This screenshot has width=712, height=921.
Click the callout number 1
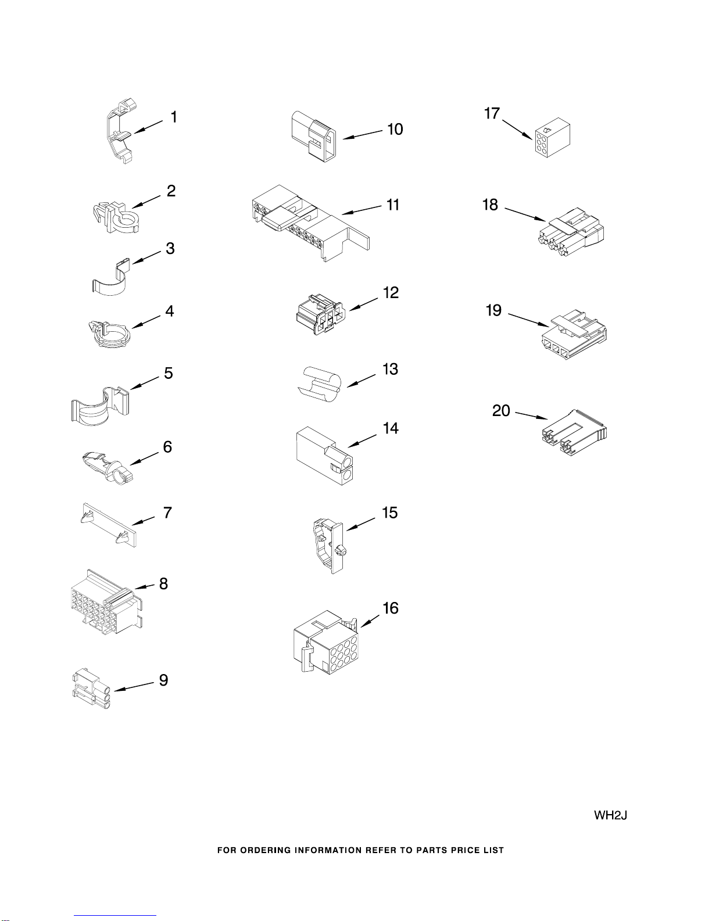pyautogui.click(x=174, y=117)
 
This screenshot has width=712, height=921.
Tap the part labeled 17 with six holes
pyautogui.click(x=552, y=138)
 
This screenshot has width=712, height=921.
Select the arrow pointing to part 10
pyautogui.click(x=362, y=135)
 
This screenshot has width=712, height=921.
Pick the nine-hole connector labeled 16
pyautogui.click(x=325, y=641)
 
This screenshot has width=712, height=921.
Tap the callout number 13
pyautogui.click(x=391, y=369)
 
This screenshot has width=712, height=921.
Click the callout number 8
pyautogui.click(x=163, y=583)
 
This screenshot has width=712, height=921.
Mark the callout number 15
pyautogui.click(x=390, y=513)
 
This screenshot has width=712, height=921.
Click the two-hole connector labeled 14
pyautogui.click(x=325, y=456)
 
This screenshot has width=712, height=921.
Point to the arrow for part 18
pyautogui.click(x=525, y=214)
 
